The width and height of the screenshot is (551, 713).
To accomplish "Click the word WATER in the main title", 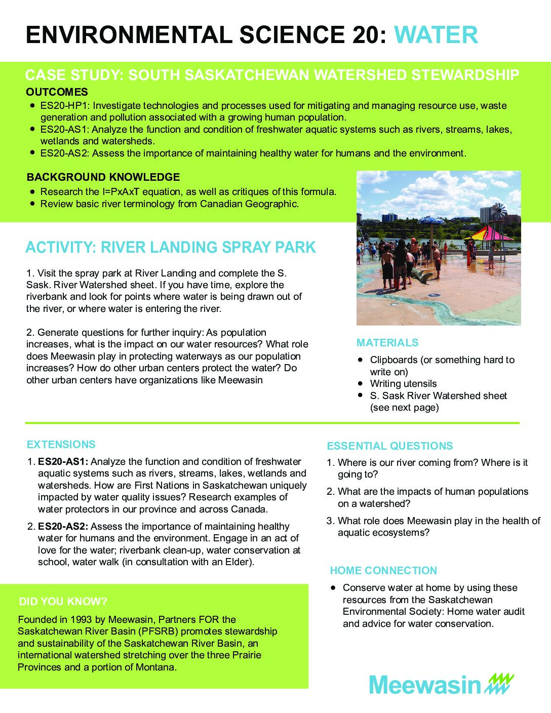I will click(436, 35).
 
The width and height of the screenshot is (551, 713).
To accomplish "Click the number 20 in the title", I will click(359, 35).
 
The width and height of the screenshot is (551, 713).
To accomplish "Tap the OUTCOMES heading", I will click(57, 92).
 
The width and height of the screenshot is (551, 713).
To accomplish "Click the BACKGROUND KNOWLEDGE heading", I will click(103, 177).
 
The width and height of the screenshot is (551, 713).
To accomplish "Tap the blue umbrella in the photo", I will click(432, 220).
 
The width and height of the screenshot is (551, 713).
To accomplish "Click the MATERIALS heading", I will click(387, 343).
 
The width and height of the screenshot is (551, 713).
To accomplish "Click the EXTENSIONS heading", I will click(61, 445).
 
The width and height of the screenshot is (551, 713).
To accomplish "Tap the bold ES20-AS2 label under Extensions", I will click(63, 527).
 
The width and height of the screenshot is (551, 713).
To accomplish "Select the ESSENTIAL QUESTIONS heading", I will click(389, 446).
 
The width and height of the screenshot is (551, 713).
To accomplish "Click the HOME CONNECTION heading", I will click(383, 571).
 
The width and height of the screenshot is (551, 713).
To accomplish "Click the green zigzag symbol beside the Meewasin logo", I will click(499, 684).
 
